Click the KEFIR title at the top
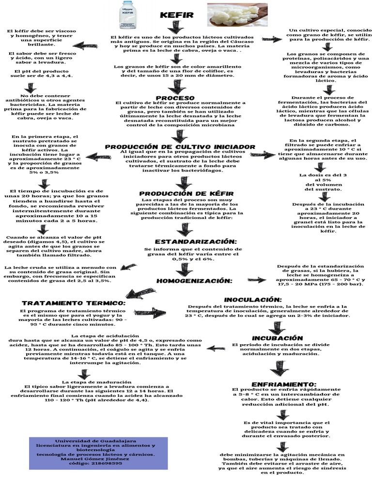click(x=177, y=15)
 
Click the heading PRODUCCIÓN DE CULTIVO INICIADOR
click(x=180, y=146)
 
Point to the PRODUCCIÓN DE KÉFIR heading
click(x=186, y=193)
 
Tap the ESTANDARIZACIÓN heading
click(x=196, y=241)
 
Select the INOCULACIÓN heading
click(x=260, y=300)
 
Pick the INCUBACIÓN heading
click(x=278, y=337)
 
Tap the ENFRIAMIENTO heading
click(x=277, y=383)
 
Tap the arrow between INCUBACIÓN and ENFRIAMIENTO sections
click(x=279, y=369)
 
